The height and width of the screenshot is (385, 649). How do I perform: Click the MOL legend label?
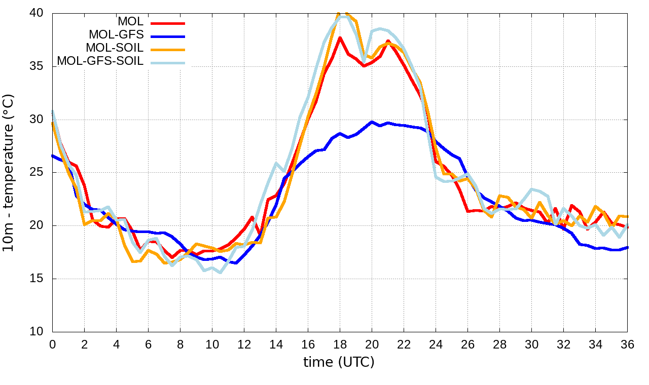click(x=130, y=22)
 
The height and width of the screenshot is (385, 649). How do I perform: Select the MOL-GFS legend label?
click(x=116, y=35)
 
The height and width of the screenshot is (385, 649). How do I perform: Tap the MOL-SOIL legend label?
click(x=115, y=48)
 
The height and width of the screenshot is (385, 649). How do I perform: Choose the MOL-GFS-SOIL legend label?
click(x=100, y=61)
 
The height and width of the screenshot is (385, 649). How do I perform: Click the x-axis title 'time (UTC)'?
click(x=339, y=362)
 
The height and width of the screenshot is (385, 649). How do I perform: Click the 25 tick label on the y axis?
click(x=40, y=172)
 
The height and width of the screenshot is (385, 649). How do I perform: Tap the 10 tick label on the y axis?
click(x=40, y=332)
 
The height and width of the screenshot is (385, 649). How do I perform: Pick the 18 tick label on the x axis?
click(x=340, y=344)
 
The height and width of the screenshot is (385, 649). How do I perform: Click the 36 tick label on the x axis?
click(x=627, y=344)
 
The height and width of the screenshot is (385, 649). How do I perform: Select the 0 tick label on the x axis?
click(x=52, y=344)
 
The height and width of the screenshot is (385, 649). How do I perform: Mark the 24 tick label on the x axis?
click(x=436, y=344)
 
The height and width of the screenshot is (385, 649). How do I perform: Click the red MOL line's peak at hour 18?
click(x=340, y=37)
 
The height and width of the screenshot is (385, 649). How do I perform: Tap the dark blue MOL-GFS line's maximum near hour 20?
click(x=372, y=122)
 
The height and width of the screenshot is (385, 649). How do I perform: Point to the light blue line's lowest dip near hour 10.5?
click(x=220, y=273)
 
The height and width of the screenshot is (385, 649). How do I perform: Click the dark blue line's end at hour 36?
click(x=627, y=247)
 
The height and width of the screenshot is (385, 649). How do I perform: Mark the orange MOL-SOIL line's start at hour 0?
click(x=53, y=123)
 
